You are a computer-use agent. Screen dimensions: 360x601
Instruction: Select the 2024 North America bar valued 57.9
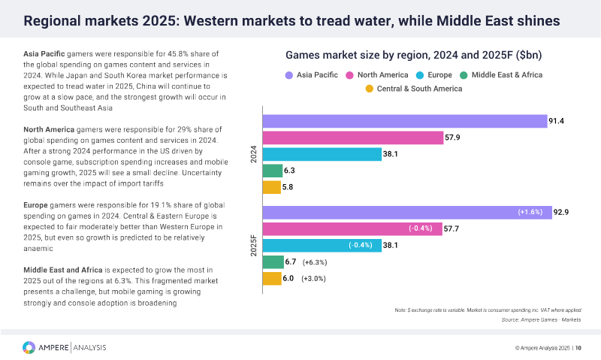(x=352, y=138)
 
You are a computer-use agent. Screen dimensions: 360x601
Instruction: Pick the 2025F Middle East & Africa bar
(x=272, y=262)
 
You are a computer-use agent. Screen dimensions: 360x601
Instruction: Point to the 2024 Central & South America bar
(x=271, y=186)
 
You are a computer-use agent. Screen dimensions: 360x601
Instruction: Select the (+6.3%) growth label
(x=313, y=262)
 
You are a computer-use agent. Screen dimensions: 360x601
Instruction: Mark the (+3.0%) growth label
(x=313, y=279)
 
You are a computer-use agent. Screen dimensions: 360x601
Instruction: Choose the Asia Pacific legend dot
(x=289, y=75)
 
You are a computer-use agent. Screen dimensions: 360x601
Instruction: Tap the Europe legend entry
(x=436, y=75)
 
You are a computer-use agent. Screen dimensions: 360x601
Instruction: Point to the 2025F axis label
(x=253, y=246)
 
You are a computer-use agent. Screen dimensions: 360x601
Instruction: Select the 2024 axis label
(x=253, y=154)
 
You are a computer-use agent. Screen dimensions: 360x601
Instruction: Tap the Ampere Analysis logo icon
(x=29, y=347)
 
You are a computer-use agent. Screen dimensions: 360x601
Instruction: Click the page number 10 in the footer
(x=578, y=348)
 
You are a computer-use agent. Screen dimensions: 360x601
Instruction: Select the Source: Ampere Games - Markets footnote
(x=541, y=320)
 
